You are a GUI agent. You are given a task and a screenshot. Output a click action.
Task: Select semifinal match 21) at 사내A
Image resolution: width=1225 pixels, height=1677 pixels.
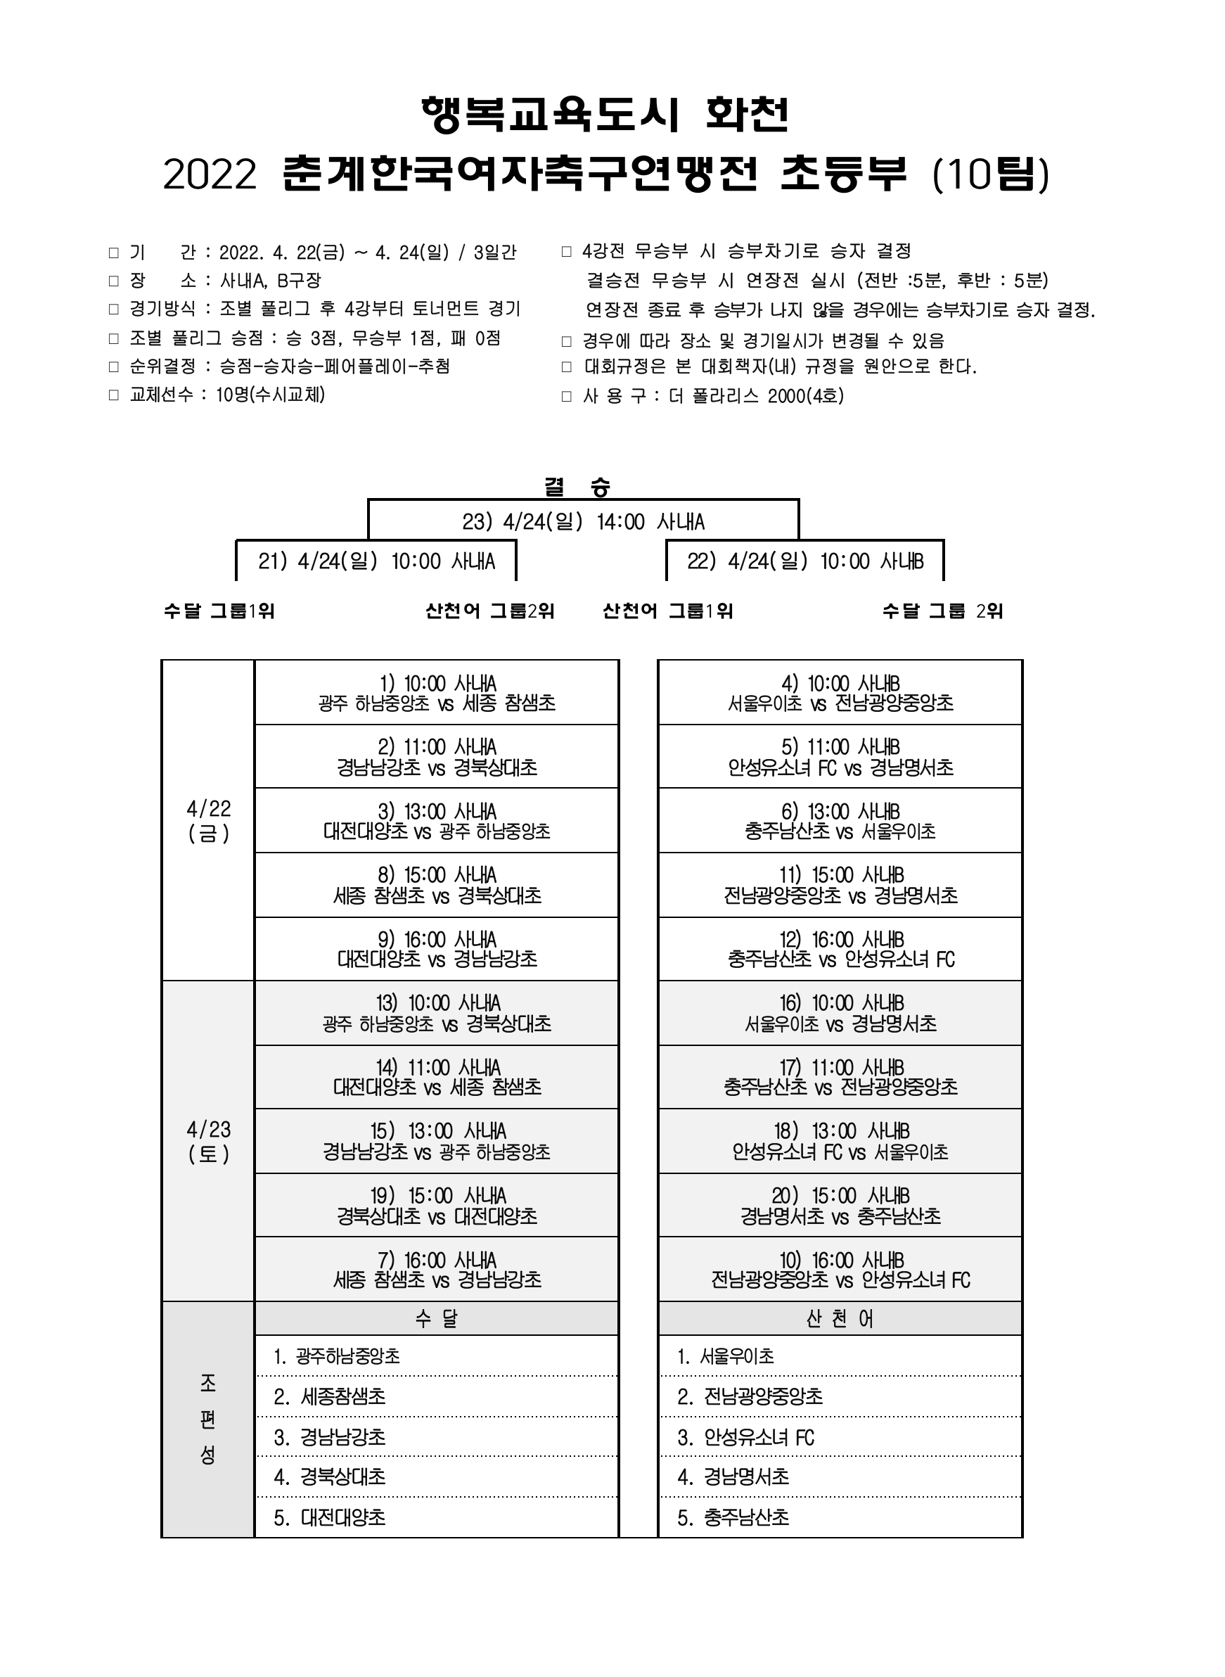pyautogui.click(x=376, y=561)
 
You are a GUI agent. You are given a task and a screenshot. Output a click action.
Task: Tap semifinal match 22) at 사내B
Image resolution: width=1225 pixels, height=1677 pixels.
pyautogui.click(x=805, y=561)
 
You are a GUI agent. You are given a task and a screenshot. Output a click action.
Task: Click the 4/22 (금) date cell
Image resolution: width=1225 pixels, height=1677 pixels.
pyautogui.click(x=208, y=820)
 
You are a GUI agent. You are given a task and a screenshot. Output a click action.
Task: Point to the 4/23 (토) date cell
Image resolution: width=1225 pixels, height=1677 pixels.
pyautogui.click(x=208, y=1142)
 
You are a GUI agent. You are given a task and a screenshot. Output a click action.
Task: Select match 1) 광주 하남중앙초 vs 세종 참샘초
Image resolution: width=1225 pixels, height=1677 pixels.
pyautogui.click(x=437, y=693)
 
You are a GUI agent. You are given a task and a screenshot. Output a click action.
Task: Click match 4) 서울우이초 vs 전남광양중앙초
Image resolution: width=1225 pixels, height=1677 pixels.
pyautogui.click(x=840, y=693)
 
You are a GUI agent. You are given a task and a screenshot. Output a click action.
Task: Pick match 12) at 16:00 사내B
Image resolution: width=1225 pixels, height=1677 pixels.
pyautogui.click(x=840, y=950)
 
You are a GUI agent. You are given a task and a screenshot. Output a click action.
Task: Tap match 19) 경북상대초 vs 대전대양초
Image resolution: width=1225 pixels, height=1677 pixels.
pyautogui.click(x=437, y=1205)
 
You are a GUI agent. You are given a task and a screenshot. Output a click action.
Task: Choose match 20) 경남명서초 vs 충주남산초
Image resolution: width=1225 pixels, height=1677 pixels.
pyautogui.click(x=840, y=1205)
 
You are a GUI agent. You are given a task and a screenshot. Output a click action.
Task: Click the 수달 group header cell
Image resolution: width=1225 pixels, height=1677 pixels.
pyautogui.click(x=437, y=1318)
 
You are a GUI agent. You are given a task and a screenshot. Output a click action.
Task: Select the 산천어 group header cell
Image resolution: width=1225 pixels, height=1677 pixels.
pyautogui.click(x=840, y=1318)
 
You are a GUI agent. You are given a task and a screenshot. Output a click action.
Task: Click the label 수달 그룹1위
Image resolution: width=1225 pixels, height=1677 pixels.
pyautogui.click(x=219, y=611)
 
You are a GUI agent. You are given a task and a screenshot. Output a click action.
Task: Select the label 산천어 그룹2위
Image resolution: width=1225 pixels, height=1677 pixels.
pyautogui.click(x=490, y=611)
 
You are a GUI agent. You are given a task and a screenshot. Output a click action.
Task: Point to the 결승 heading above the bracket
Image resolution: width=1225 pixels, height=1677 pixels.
pyautogui.click(x=577, y=487)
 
